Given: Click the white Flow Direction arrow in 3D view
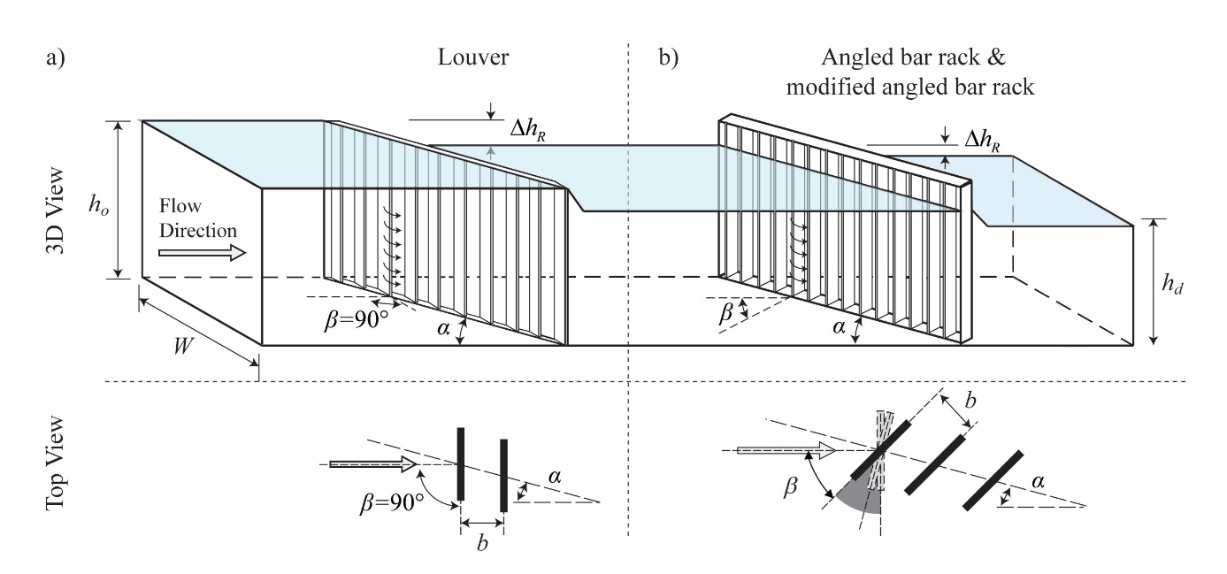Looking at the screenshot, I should [x=202, y=253].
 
